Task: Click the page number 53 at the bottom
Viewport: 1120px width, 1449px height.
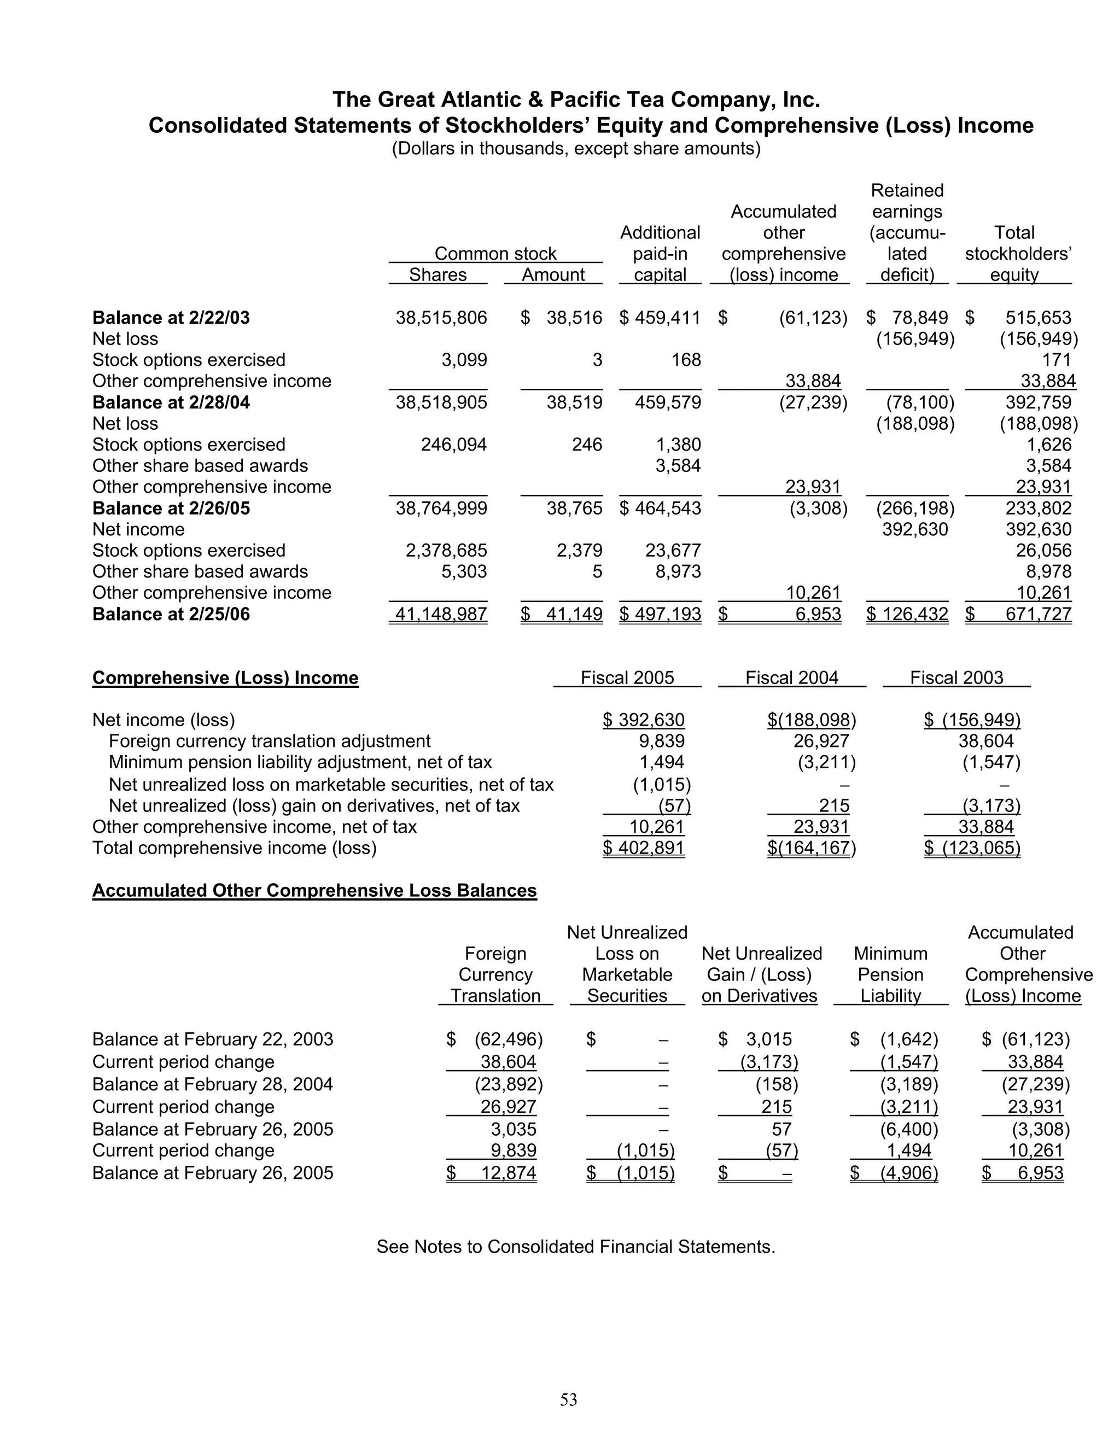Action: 569,1399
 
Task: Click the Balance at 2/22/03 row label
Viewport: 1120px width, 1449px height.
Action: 171,318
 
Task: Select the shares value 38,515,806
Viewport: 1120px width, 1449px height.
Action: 441,318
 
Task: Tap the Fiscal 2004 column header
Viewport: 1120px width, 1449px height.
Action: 791,677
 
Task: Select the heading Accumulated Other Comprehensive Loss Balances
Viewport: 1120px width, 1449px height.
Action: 314,890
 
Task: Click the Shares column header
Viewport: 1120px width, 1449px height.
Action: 437,274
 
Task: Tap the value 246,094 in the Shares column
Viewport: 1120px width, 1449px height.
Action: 454,445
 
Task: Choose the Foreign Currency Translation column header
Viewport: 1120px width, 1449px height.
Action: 495,974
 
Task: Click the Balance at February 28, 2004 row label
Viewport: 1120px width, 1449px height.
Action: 212,1084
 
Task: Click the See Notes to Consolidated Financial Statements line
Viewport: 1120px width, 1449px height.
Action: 575,1247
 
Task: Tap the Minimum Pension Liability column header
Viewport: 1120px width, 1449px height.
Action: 890,974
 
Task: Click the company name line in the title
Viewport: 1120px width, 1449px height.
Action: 576,100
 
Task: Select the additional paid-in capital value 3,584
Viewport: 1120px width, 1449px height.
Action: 678,466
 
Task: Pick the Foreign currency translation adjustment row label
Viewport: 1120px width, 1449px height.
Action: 270,741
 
